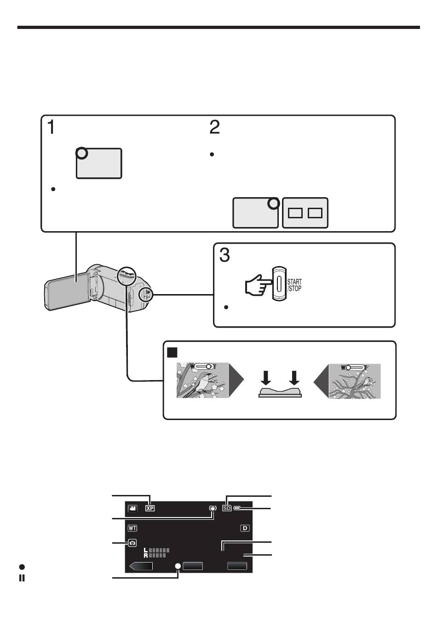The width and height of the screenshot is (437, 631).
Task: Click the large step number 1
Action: point(51,127)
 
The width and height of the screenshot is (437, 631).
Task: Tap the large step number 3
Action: point(224,255)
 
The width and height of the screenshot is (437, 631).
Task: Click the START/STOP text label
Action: point(294,285)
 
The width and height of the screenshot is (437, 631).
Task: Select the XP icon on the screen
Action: point(150,508)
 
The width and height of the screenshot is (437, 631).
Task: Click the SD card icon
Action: point(227,508)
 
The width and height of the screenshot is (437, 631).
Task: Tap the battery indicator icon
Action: point(237,508)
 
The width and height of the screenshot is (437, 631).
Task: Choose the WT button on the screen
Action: point(132,528)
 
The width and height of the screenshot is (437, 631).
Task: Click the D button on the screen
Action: point(245,528)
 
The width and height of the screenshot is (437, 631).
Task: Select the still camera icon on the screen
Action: point(132,543)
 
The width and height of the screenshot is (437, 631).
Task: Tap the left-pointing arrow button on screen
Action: point(141,566)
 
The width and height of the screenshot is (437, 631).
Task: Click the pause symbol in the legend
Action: point(22,578)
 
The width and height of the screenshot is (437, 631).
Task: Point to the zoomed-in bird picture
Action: point(202,380)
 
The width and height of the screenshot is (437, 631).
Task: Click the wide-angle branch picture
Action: point(355,381)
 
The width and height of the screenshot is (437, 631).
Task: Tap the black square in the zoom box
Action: point(172,352)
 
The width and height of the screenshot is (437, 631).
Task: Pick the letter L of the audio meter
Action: point(146,550)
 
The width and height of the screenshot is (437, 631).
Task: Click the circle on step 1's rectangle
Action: point(82,153)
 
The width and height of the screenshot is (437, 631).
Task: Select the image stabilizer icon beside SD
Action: point(213,508)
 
